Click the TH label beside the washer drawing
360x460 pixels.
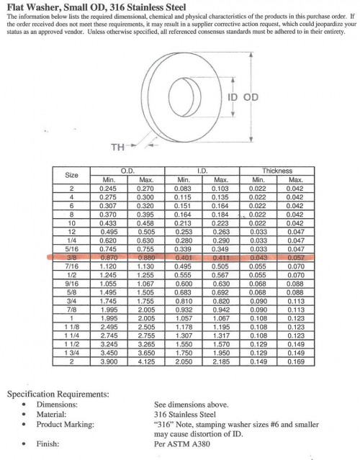pos(117,147)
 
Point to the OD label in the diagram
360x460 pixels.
pos(251,97)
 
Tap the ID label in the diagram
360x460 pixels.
pos(233,97)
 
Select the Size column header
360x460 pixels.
pos(71,175)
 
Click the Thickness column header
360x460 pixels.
pos(277,171)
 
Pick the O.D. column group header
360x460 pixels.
pos(127,171)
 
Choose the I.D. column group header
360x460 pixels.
pos(202,171)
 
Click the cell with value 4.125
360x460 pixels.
pos(146,361)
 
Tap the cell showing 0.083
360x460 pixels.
pos(182,189)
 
